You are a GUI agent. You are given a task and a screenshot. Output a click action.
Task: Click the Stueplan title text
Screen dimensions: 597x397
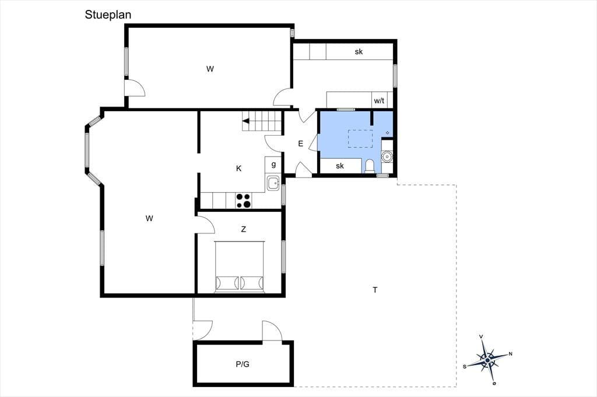click(x=108, y=15)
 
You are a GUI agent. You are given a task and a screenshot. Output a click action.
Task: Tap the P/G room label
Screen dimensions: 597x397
click(x=243, y=364)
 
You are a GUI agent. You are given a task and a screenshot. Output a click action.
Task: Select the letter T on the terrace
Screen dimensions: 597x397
click(x=375, y=290)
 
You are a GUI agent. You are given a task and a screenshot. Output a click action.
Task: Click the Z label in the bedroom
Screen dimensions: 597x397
click(x=243, y=229)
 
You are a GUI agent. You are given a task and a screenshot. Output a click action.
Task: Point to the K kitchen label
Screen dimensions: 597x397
click(x=238, y=168)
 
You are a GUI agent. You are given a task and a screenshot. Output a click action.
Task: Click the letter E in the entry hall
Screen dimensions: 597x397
click(x=300, y=144)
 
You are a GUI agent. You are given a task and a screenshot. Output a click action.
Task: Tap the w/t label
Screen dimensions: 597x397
click(x=379, y=101)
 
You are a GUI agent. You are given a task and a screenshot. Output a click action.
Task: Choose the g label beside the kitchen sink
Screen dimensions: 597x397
click(x=273, y=165)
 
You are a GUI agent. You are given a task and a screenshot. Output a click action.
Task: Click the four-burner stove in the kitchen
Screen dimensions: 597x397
click(x=243, y=201)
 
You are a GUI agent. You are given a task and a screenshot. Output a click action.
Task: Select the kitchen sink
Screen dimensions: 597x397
click(x=273, y=183)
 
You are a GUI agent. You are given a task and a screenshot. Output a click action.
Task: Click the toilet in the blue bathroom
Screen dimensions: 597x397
click(x=369, y=166)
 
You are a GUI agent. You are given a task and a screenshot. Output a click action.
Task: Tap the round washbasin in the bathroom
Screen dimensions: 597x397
click(x=387, y=156)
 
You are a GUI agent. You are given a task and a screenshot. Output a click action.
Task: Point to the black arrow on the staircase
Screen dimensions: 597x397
click(x=245, y=121)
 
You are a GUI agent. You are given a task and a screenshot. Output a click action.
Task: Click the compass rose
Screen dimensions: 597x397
click(x=488, y=359)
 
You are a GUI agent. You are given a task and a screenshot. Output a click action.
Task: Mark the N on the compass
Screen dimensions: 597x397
click(x=511, y=354)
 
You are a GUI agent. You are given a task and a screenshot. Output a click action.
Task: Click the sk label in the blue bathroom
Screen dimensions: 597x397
click(x=340, y=166)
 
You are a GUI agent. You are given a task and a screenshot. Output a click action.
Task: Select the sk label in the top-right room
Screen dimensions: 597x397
click(x=359, y=52)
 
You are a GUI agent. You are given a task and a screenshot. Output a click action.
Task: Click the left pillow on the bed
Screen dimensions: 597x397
click(x=227, y=283)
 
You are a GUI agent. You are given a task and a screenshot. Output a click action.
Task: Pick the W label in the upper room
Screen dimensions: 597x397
click(x=210, y=69)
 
